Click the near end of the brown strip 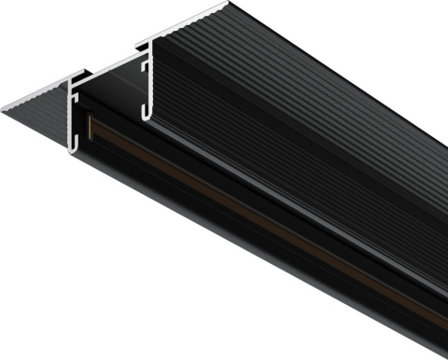click(90, 127)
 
